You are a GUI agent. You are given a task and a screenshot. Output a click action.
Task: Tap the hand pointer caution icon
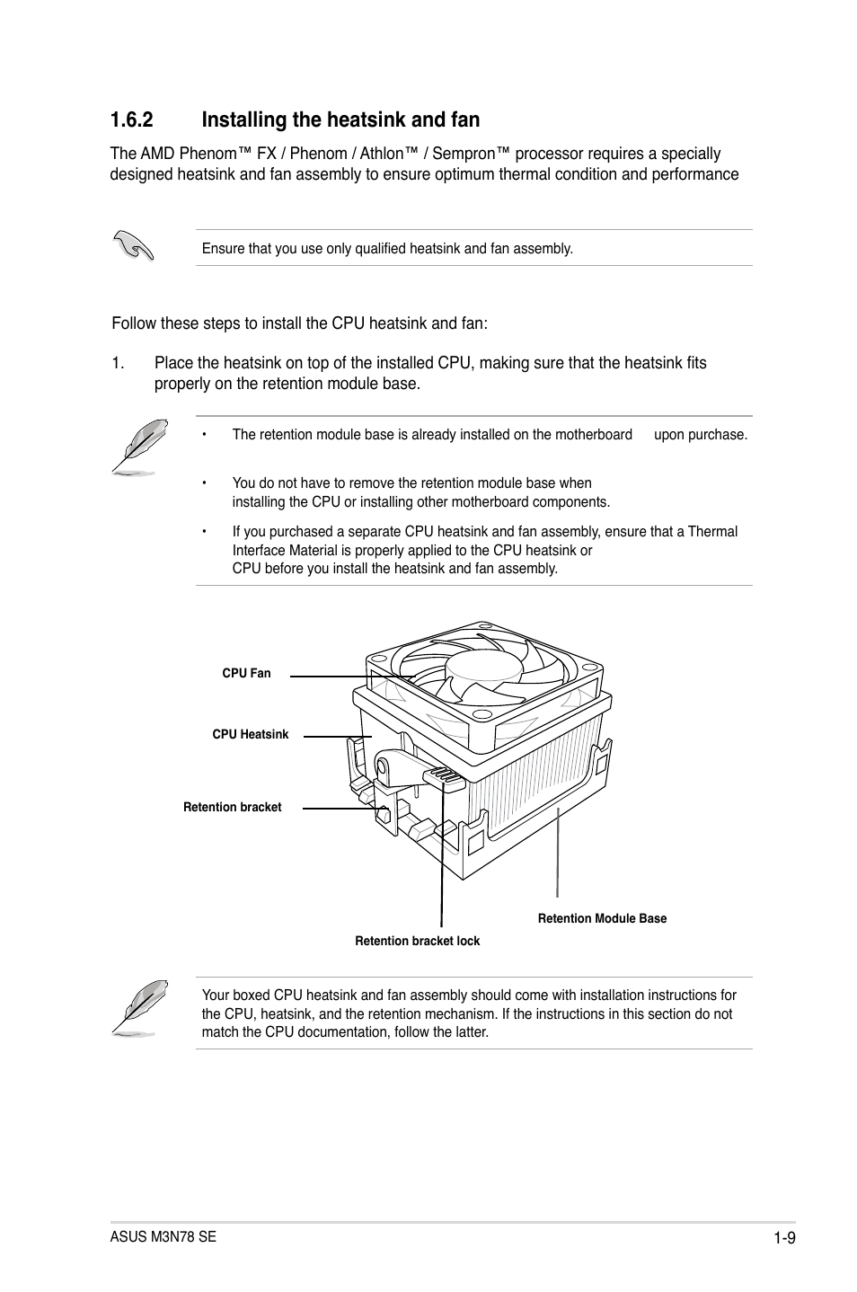[x=134, y=244]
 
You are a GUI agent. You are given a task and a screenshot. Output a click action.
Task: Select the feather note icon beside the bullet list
[x=140, y=447]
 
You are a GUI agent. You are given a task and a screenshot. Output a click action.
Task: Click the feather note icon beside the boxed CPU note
[x=140, y=1008]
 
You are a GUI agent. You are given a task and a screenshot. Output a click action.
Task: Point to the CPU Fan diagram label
[x=246, y=673]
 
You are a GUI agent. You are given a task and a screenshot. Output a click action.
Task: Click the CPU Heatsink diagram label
[x=251, y=734]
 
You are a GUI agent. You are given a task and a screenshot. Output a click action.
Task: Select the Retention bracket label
[x=233, y=807]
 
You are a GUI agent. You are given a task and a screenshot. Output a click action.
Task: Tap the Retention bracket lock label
[x=417, y=941]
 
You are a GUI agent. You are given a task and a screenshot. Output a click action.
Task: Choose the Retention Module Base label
[x=602, y=918]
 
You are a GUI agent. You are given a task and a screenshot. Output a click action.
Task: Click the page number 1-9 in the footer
[x=785, y=1237]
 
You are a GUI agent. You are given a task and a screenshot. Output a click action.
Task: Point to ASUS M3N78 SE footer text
[x=163, y=1236]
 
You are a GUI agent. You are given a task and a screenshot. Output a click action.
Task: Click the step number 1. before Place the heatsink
[x=118, y=363]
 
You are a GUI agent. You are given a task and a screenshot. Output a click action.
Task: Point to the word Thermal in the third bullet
[x=712, y=531]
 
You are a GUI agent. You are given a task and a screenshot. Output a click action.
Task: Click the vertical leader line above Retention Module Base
[x=558, y=854]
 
